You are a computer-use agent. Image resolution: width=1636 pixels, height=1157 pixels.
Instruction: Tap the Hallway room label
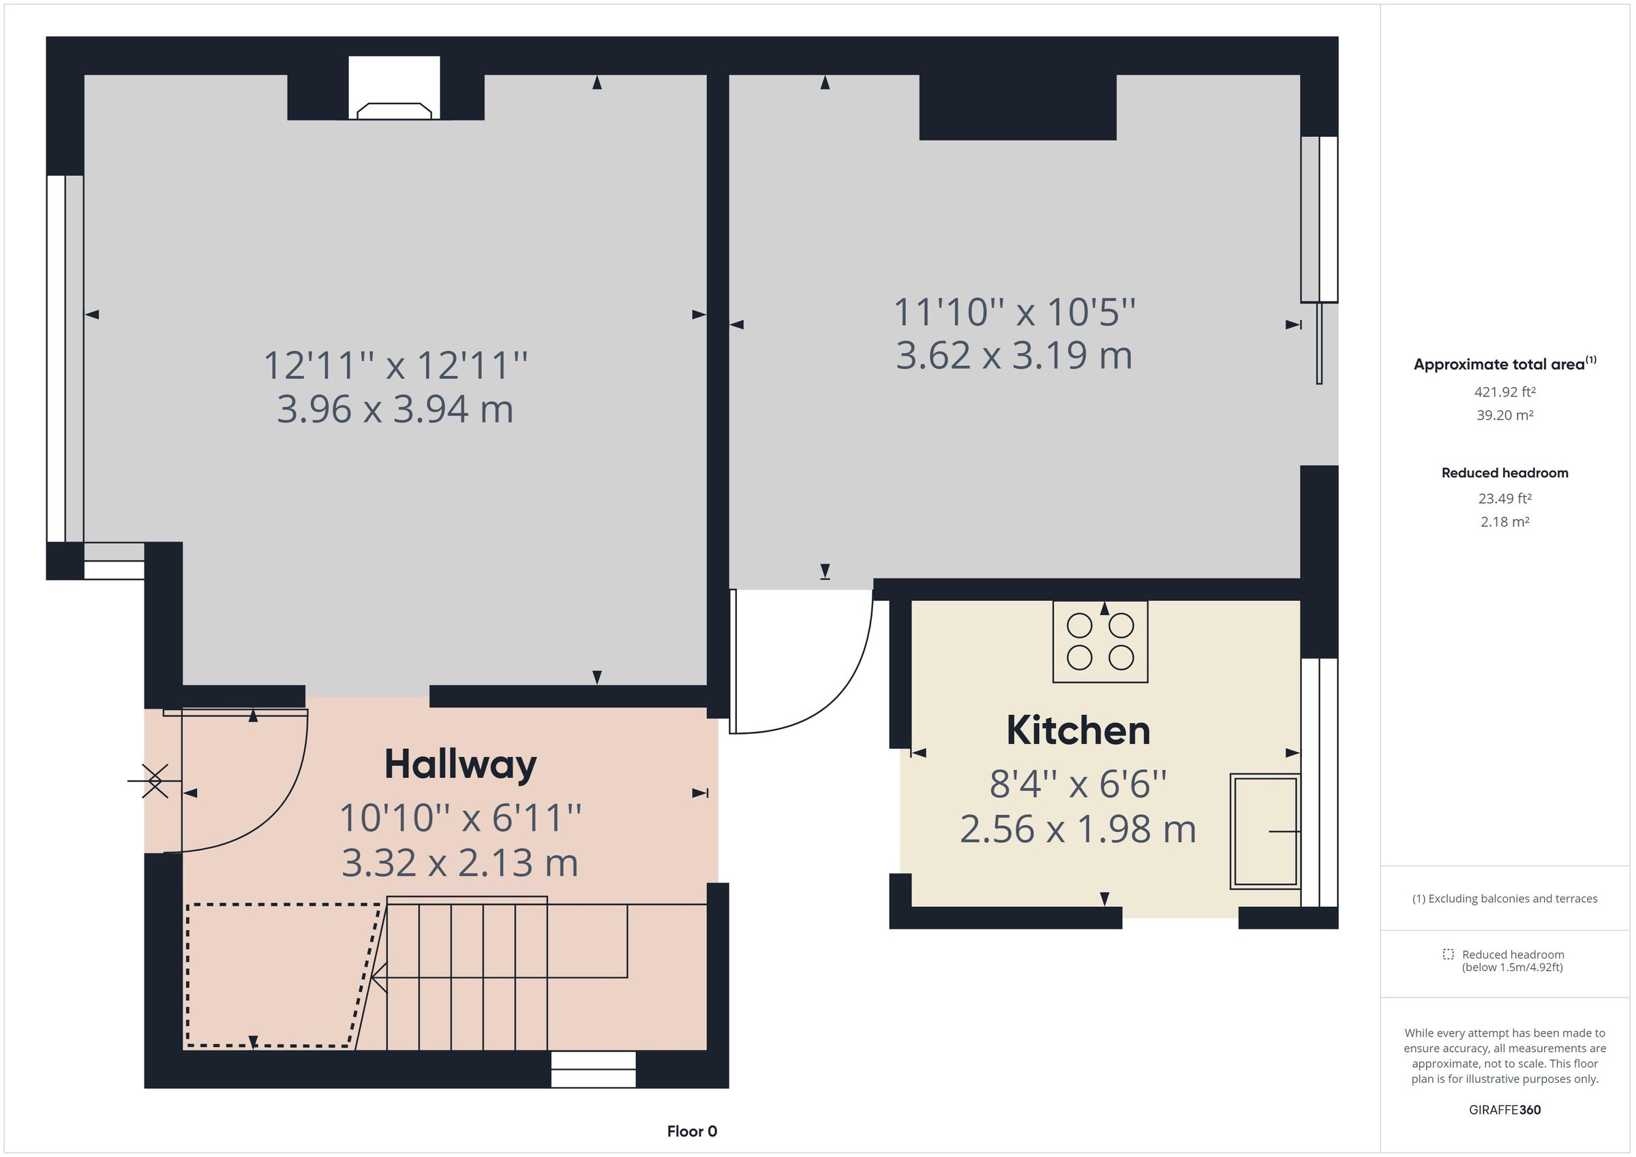[460, 765]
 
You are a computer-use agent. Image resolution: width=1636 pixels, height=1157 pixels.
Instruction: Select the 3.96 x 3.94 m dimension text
[395, 410]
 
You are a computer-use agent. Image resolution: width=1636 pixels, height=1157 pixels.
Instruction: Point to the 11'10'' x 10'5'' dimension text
[1014, 312]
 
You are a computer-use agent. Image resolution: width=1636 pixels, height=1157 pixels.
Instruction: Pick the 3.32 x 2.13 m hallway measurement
[459, 863]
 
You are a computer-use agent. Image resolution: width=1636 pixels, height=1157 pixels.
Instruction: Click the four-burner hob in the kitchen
[1100, 642]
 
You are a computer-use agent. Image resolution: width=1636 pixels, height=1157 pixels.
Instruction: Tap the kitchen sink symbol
[1264, 831]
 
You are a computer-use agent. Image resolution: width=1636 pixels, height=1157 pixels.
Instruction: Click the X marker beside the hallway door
[155, 781]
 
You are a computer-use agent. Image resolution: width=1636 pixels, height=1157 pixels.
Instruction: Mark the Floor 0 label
[692, 1131]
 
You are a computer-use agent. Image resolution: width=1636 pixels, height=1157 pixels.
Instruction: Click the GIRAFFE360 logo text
[1504, 1110]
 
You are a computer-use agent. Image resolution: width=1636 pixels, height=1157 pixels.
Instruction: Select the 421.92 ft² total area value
[1504, 392]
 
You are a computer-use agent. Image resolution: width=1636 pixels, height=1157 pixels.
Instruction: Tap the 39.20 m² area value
[1504, 416]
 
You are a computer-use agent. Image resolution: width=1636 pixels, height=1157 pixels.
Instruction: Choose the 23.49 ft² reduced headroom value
[1504, 499]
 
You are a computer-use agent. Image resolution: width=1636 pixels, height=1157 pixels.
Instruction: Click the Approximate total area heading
[1504, 365]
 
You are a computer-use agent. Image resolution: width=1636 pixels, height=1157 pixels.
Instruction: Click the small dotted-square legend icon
[1448, 955]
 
